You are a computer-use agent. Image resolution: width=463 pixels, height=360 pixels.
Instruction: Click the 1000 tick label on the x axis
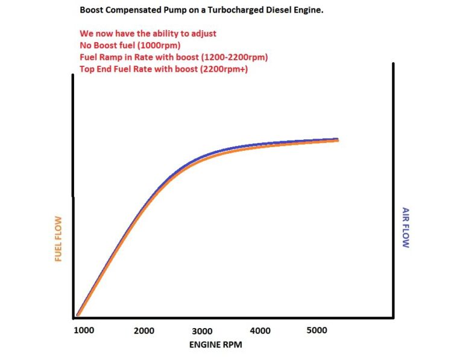(84, 330)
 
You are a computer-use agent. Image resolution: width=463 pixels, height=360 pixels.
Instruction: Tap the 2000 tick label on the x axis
(144, 330)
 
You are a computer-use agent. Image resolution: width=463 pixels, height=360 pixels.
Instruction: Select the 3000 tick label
(203, 330)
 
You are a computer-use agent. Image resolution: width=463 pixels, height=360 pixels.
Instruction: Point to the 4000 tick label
(260, 330)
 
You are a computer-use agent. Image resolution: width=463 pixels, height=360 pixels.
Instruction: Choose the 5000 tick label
(317, 330)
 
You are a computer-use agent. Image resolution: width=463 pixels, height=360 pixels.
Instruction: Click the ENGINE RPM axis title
(215, 345)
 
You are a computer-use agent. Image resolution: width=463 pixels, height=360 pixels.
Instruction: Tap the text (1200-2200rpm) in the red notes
(233, 57)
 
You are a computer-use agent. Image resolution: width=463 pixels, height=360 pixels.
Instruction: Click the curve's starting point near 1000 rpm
(78, 314)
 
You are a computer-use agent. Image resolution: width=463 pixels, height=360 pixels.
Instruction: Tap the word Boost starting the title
(92, 11)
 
